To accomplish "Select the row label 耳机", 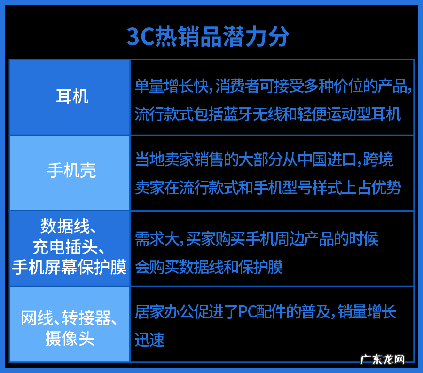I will [72, 97].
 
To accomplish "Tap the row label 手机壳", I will [71, 170].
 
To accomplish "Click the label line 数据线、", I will [69, 227].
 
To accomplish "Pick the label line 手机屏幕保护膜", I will [69, 268].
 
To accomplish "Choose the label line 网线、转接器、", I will [69, 319].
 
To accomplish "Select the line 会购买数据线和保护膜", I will [209, 268].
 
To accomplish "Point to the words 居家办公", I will [164, 312].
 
